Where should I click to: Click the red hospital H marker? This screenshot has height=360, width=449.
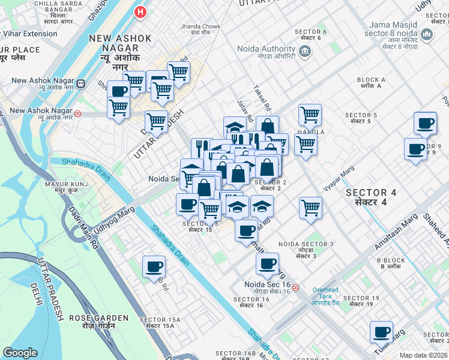[x=140, y=11]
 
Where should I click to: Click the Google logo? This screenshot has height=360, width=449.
[x=20, y=352]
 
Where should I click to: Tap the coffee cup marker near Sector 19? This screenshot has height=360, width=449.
[x=381, y=332]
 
